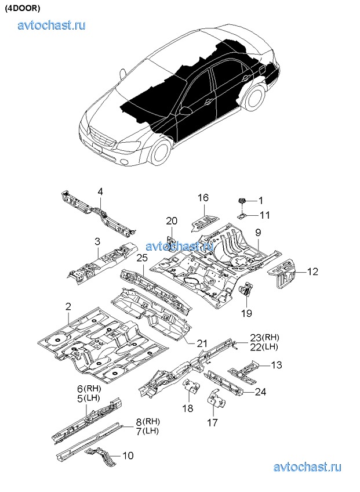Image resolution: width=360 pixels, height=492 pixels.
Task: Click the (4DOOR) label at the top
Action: [21, 9]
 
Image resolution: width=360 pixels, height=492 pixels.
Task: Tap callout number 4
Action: [100, 192]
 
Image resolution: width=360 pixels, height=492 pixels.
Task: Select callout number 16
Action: [202, 198]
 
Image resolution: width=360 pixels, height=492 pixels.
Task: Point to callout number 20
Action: [172, 220]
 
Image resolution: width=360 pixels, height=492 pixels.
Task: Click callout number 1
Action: [260, 200]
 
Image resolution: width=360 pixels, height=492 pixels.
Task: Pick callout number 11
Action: [264, 215]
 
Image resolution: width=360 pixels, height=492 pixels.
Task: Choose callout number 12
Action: [312, 271]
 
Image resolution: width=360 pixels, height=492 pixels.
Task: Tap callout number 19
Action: [247, 313]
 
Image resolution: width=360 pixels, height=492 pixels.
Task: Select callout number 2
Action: [68, 306]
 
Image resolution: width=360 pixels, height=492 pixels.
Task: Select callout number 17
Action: [213, 423]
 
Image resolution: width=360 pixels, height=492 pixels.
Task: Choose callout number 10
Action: [128, 455]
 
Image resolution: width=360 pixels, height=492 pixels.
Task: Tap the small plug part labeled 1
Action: [241, 201]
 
